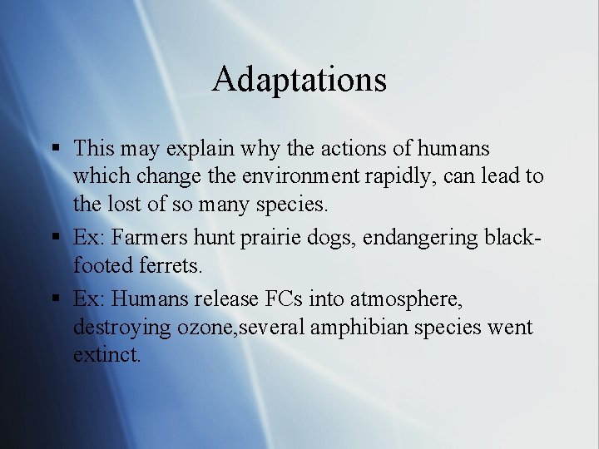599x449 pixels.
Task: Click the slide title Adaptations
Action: [x=299, y=79]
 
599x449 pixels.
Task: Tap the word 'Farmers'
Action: [x=150, y=238]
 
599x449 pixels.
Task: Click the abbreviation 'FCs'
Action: [x=301, y=298]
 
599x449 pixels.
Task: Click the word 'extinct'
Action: [x=107, y=356]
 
